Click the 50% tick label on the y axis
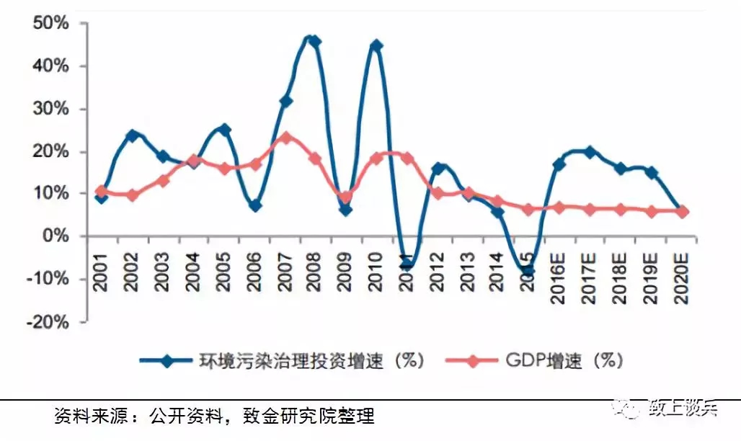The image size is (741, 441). click(x=49, y=23)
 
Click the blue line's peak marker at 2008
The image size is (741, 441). click(x=314, y=41)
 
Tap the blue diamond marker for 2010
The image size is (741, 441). click(x=376, y=46)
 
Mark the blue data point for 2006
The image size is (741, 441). click(x=254, y=205)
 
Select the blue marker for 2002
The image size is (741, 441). click(x=132, y=135)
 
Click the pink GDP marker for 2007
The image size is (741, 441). click(x=285, y=137)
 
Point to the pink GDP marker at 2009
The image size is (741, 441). click(x=346, y=197)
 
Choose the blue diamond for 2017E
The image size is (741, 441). click(x=590, y=152)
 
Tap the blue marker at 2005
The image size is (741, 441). click(x=224, y=130)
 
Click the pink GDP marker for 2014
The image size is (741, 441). click(x=498, y=202)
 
